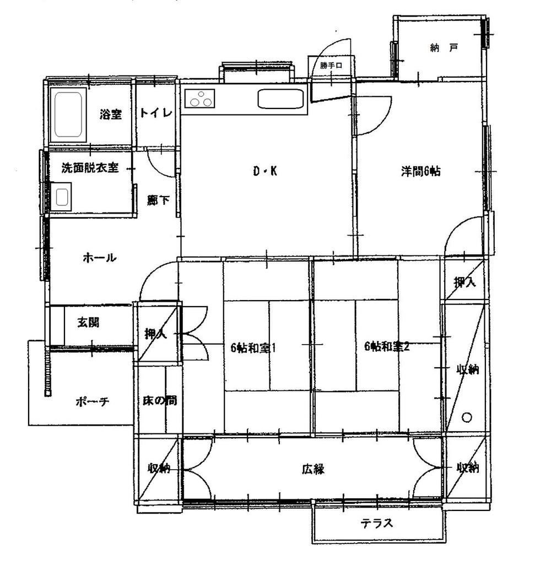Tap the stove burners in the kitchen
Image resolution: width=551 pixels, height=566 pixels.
click(x=200, y=98)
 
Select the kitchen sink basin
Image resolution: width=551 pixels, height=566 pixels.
click(x=280, y=99)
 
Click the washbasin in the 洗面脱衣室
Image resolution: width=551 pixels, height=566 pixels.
click(x=61, y=197)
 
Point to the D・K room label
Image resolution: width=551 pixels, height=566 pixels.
click(x=265, y=171)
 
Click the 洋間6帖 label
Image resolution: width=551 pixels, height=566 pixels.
click(x=420, y=171)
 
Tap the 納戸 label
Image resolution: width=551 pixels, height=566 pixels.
click(x=444, y=47)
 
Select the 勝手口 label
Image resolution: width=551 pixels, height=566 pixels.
click(x=331, y=66)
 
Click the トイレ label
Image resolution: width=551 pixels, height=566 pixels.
click(x=156, y=113)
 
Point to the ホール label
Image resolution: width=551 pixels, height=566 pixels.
click(x=99, y=258)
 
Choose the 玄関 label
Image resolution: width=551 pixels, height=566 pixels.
click(x=88, y=322)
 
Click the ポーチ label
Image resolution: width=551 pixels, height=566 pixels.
click(x=92, y=401)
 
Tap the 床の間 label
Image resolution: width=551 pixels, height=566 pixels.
click(x=159, y=400)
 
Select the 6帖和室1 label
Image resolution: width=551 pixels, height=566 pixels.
click(x=253, y=347)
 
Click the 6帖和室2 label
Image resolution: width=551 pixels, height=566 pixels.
click(x=387, y=346)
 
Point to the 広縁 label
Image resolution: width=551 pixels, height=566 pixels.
click(x=314, y=469)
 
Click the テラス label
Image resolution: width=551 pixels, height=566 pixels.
click(x=376, y=523)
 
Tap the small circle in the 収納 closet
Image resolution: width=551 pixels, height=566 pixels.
click(x=467, y=417)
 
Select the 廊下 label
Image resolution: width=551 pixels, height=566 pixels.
click(x=158, y=200)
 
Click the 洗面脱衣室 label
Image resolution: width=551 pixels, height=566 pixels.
click(x=90, y=168)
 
